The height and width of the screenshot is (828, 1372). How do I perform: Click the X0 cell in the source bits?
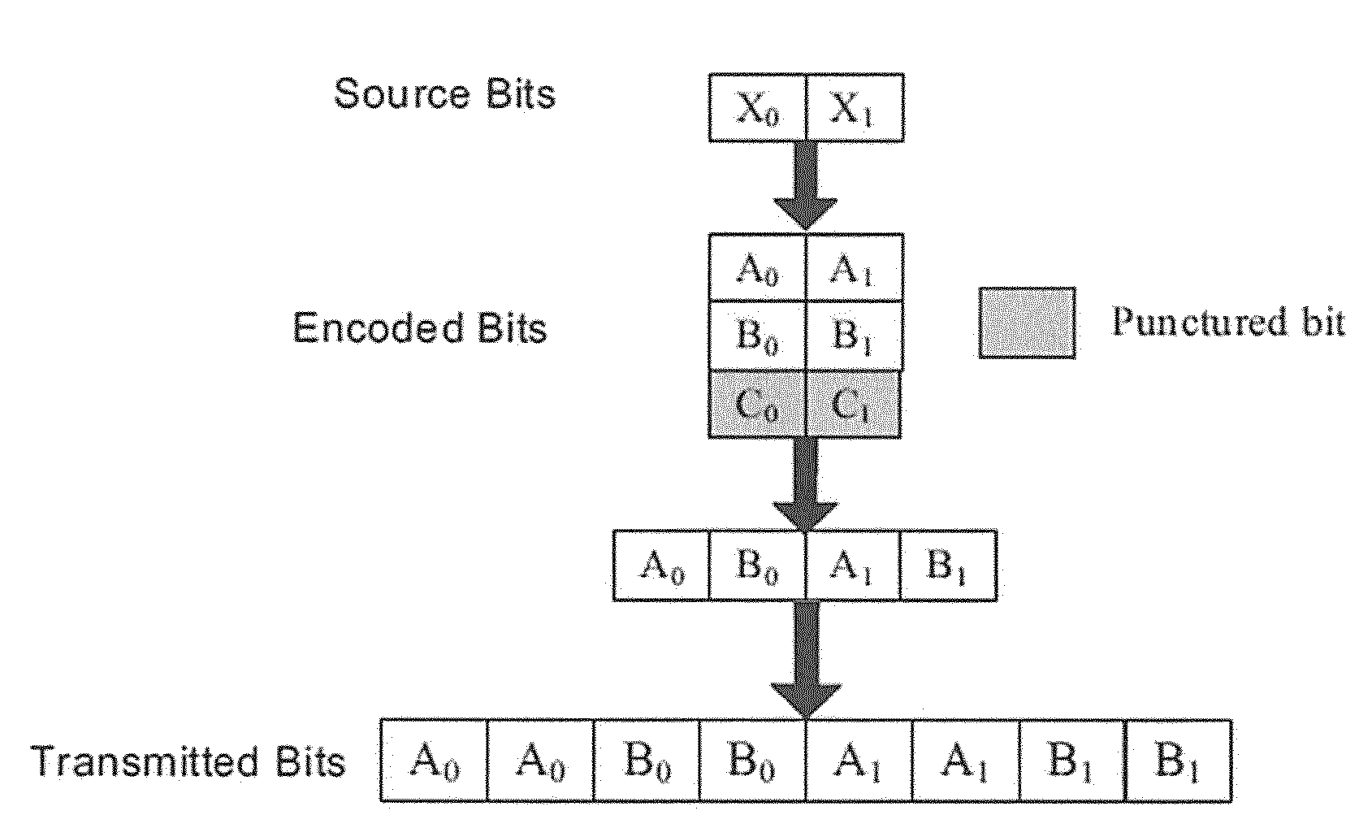coord(758,108)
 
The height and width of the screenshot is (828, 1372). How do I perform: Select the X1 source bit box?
coord(855,108)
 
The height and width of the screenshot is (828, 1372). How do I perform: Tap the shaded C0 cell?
coord(757,404)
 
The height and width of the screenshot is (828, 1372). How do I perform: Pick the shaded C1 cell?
coord(853,404)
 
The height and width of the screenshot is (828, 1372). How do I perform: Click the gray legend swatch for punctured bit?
coord(1027,323)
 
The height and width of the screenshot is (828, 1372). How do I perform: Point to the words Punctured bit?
coord(1228,322)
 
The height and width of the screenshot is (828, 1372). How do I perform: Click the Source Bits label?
coord(444,94)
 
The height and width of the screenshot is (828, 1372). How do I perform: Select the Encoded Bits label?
coord(420,328)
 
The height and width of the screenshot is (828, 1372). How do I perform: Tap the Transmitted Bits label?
coord(188,762)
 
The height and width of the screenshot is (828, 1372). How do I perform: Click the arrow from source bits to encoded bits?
coord(806,186)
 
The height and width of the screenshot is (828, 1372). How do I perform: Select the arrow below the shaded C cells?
coord(806,484)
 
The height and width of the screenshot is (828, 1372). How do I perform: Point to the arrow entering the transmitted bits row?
coord(806,660)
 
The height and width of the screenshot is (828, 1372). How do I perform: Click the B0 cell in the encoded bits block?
coord(758,336)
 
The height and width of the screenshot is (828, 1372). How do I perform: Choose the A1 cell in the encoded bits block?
coord(855,267)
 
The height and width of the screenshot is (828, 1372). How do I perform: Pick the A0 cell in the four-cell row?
coord(661,566)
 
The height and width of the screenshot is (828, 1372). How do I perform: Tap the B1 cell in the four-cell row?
coord(949,566)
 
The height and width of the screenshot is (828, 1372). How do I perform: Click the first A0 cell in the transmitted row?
coord(434,761)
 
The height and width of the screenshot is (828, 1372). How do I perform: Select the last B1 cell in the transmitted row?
coord(1179,761)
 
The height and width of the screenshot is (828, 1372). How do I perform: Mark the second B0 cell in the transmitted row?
coord(752,761)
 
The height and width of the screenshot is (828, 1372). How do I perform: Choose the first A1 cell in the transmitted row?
coord(859,761)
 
